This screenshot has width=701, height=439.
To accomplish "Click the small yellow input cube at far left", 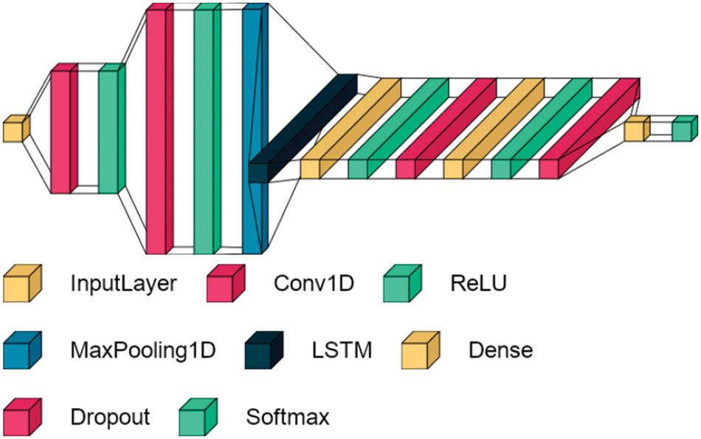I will click(x=15, y=129).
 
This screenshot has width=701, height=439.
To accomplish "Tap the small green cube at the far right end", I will click(x=683, y=129).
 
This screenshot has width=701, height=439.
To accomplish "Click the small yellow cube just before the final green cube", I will click(x=635, y=131).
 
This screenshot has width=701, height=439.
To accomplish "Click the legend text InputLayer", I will click(x=123, y=283).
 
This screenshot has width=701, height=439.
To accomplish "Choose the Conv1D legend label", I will click(x=314, y=283).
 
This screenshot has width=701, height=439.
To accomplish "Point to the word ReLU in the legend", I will click(x=478, y=283).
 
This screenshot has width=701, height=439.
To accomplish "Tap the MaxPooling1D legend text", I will click(x=143, y=350).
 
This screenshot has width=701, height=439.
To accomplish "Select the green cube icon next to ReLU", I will click(x=401, y=284).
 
